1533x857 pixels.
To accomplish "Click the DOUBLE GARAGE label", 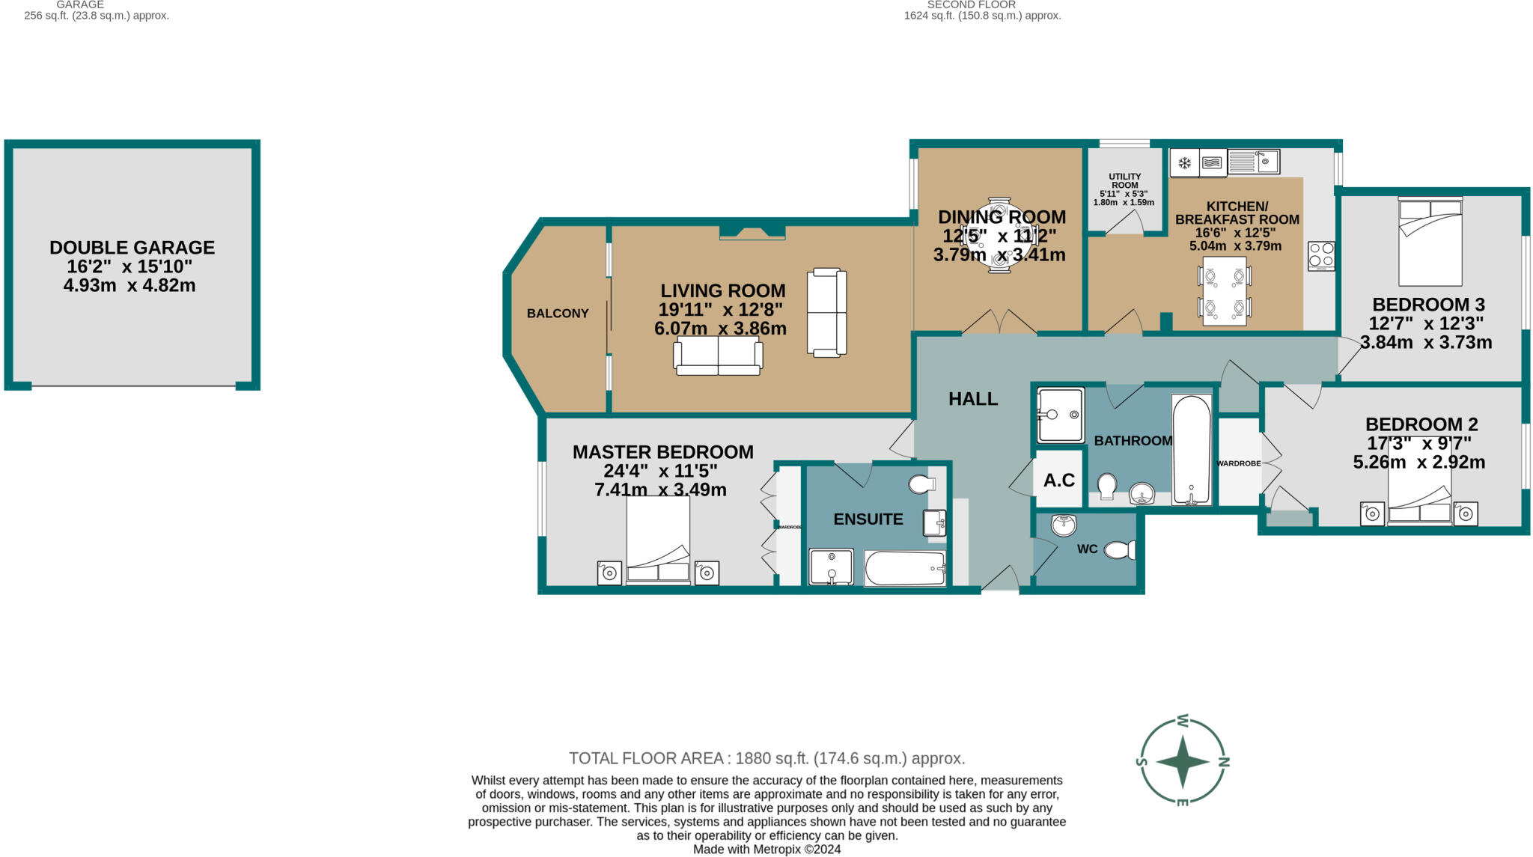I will coord(132,248).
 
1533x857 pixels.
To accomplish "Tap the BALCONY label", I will coord(558,314).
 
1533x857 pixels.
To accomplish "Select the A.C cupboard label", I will coord(1059,480).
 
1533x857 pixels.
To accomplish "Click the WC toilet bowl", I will coord(1119,550).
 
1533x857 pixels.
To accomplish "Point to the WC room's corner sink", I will coord(1063,525).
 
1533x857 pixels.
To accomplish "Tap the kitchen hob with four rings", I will coord(1320,255).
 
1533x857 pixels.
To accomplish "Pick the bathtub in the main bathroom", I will coord(1192,449).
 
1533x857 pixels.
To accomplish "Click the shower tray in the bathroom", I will coord(1060,415).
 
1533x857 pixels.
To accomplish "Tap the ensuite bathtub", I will coord(905,568).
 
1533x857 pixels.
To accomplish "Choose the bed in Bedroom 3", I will coord(1430,241).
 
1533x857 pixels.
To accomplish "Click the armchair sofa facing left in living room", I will coord(826,312).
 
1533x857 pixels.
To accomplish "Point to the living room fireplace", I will coord(752,232).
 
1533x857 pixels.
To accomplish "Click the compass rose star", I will coord(1182,762).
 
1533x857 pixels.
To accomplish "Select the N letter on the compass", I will coord(1225,762).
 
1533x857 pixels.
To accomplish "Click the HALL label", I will coord(973,399).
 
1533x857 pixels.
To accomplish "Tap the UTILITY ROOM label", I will coord(1124,181).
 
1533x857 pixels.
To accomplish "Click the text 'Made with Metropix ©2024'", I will coord(766,850).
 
